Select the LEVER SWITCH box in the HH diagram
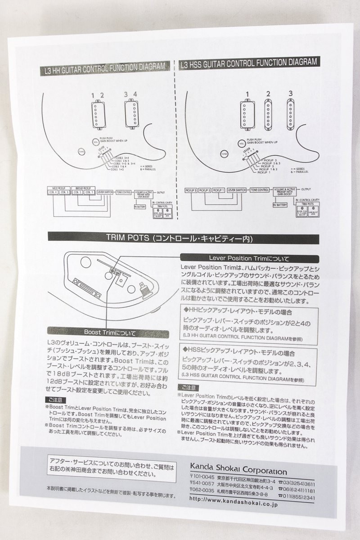pyautogui.click(x=105, y=191)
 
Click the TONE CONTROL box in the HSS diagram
pyautogui.click(x=260, y=190)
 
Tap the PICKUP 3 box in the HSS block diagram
pyautogui.click(x=191, y=190)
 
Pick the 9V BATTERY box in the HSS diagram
pyautogui.click(x=279, y=204)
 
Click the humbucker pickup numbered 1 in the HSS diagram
pyautogui.click(x=245, y=114)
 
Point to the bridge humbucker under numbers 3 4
pyautogui.click(x=131, y=113)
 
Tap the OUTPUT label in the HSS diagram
pyautogui.click(x=306, y=189)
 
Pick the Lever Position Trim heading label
pyautogui.click(x=249, y=258)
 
